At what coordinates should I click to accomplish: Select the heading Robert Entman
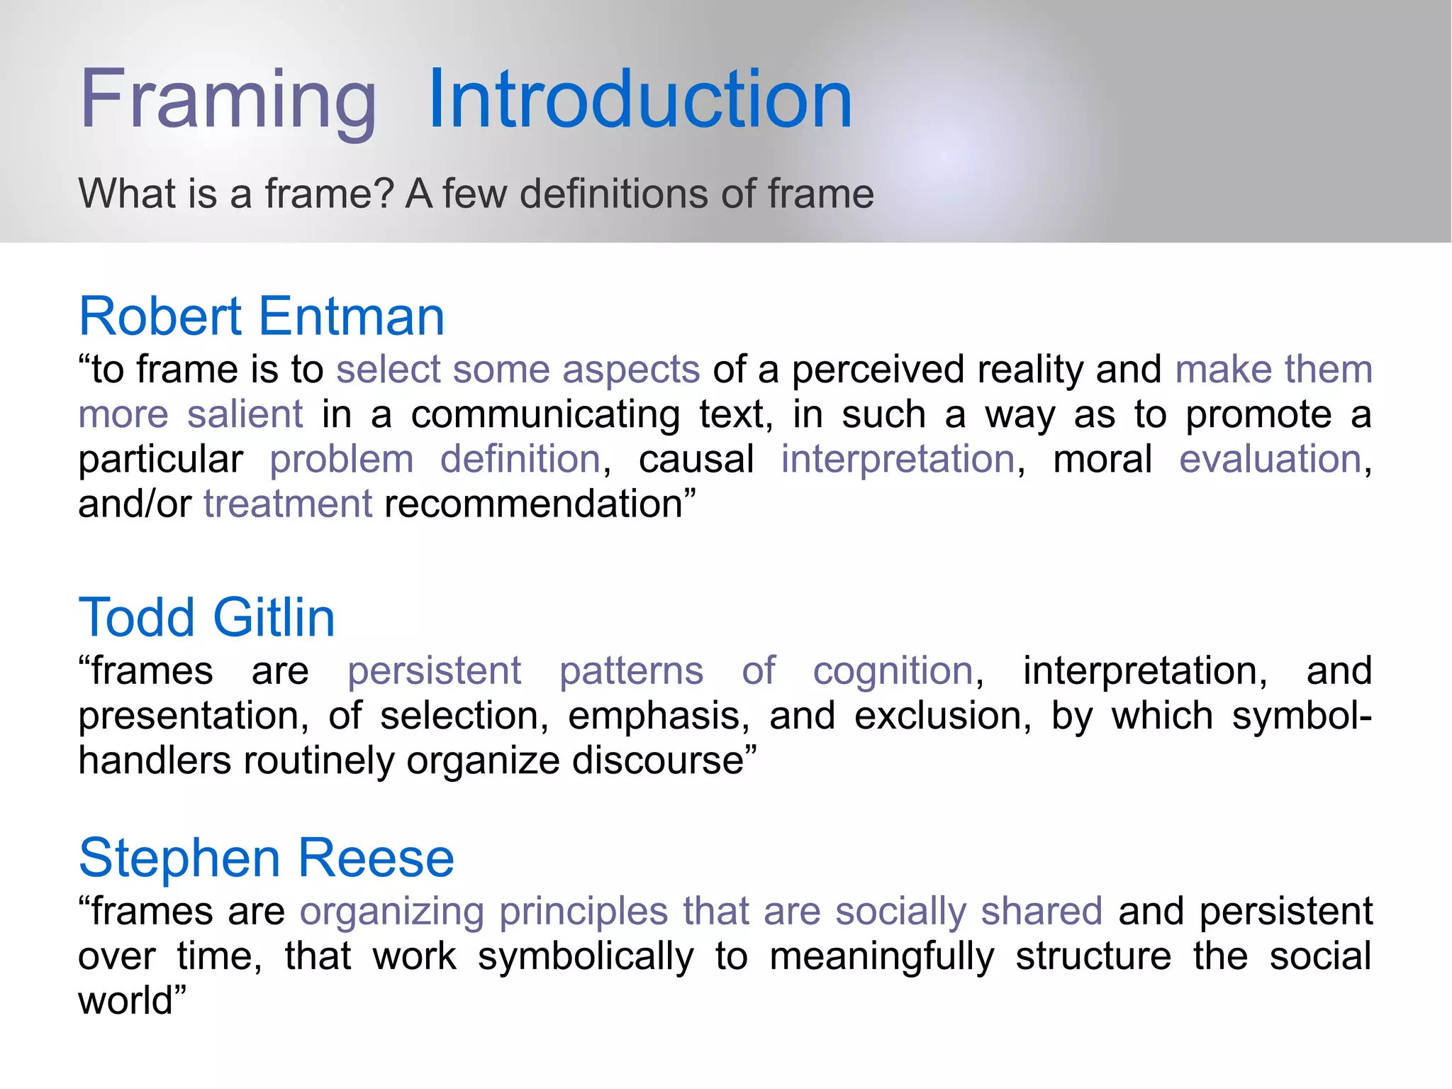262,316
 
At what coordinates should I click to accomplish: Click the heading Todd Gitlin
206,618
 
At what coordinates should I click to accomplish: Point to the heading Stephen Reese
266,858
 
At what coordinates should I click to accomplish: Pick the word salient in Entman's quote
245,414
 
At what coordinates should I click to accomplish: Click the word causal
696,459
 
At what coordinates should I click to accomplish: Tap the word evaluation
1270,459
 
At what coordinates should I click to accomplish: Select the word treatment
288,504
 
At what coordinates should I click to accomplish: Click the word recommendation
533,504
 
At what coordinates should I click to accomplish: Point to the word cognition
893,671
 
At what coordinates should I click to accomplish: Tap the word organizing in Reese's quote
391,912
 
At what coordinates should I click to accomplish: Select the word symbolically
586,957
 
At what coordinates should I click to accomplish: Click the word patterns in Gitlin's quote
631,671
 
